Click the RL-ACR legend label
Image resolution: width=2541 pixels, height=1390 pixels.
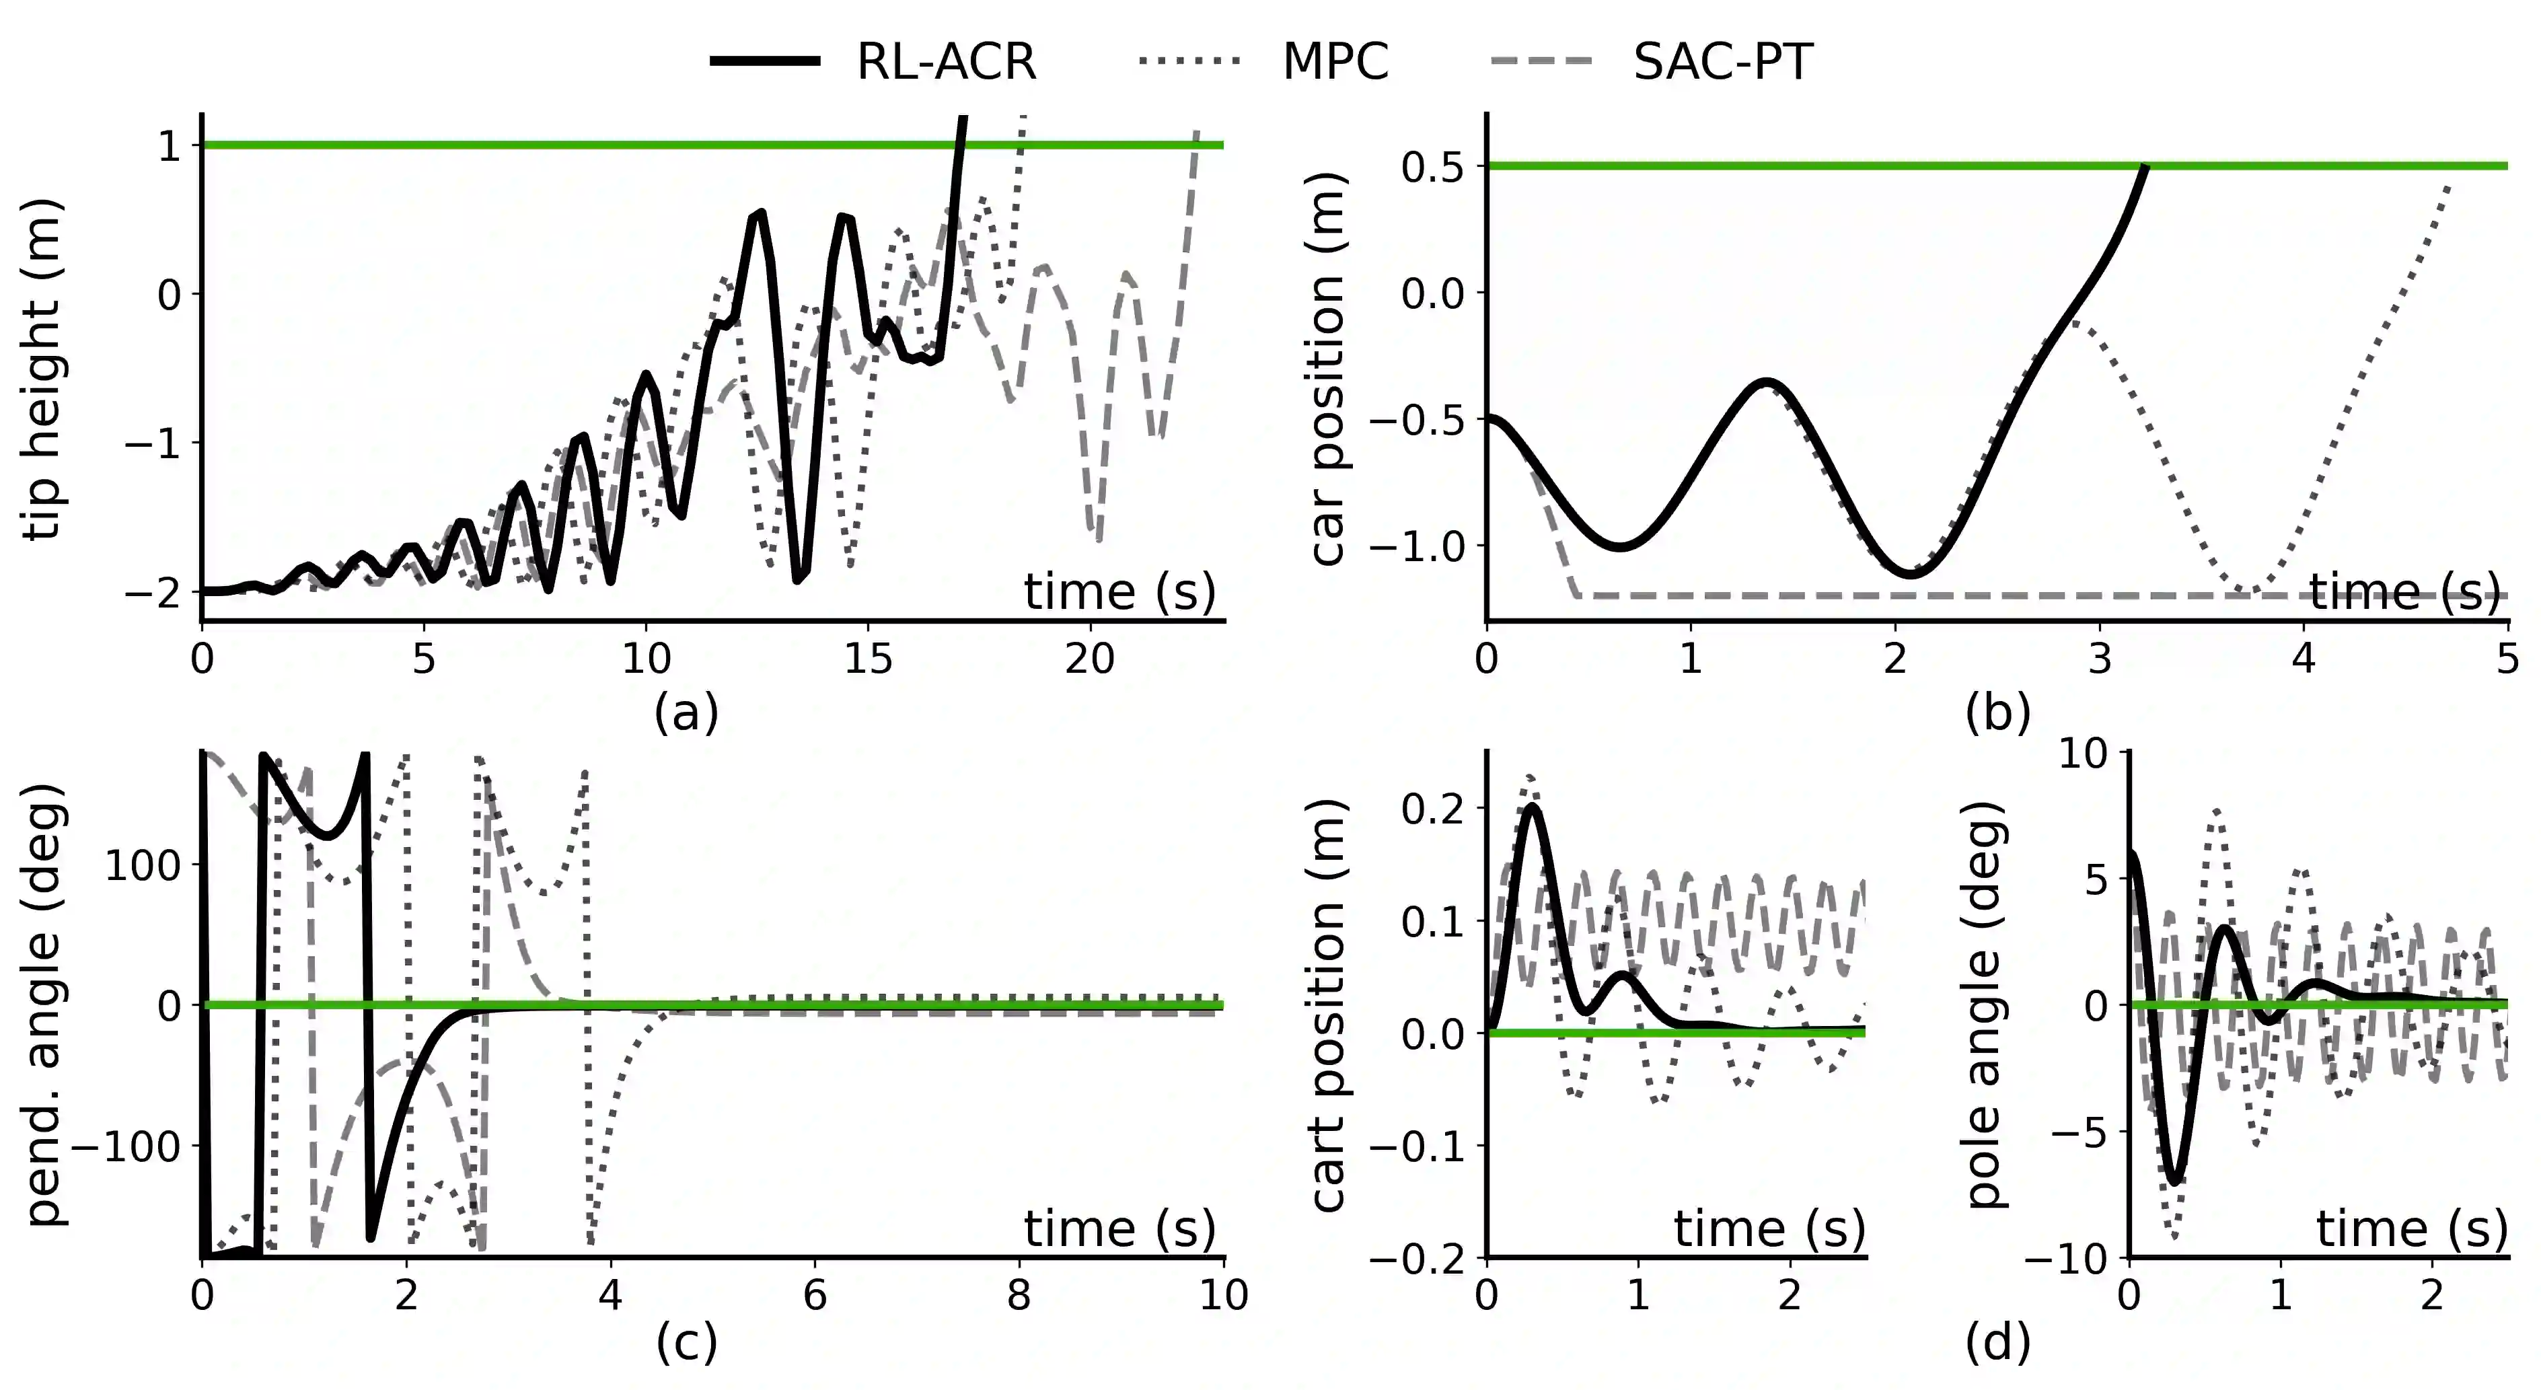click(945, 61)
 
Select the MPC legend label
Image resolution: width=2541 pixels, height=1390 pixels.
click(1335, 61)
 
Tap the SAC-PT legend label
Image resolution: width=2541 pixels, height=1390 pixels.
click(1722, 61)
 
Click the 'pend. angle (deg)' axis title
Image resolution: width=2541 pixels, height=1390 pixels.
click(45, 1004)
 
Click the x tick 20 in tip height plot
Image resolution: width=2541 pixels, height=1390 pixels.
click(1089, 659)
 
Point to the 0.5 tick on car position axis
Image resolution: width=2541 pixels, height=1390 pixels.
click(1432, 168)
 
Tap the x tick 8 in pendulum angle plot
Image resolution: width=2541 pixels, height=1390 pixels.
click(1019, 1294)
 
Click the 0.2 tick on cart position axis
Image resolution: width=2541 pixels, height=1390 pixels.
click(1432, 809)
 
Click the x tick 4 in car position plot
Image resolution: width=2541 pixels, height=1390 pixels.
click(2304, 659)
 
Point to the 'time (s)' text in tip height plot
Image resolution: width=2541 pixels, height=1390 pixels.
click(1119, 592)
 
